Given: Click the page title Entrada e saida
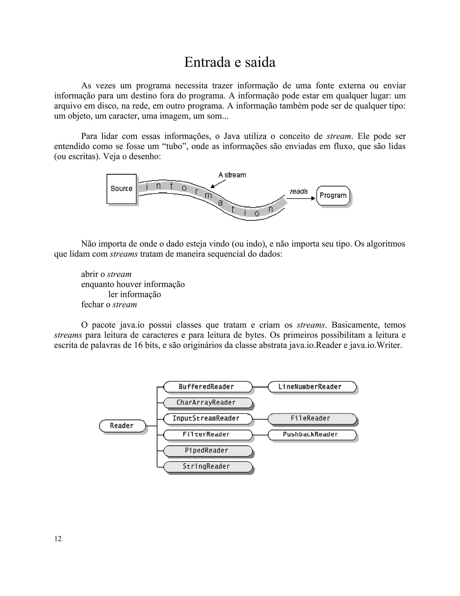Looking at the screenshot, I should tap(230, 62).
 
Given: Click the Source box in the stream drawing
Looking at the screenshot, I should tap(122, 188).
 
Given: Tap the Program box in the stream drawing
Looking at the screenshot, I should tap(333, 195).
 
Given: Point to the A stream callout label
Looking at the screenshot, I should tap(232, 175).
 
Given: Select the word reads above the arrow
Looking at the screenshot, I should tap(299, 191).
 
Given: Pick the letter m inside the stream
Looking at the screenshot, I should tap(208, 195).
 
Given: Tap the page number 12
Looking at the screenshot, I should tap(58, 539).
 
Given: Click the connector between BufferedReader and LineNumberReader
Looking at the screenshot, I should tap(260, 387).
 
